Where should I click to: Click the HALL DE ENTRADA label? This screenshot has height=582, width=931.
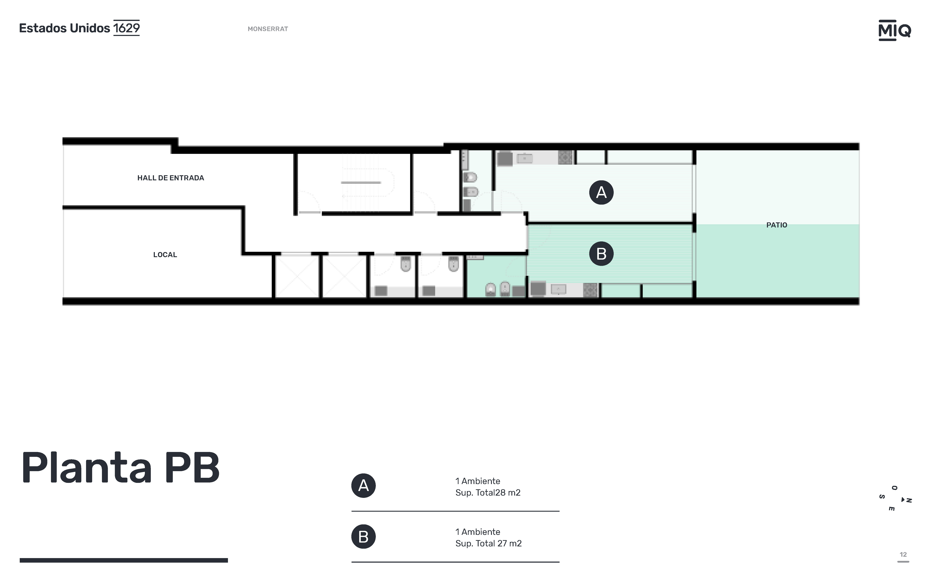(x=171, y=178)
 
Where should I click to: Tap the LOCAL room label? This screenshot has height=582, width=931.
(x=165, y=255)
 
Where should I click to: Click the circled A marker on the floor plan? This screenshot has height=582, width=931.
(x=601, y=192)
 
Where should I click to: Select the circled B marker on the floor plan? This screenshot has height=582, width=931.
(x=601, y=254)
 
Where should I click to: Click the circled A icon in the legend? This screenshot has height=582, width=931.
(x=363, y=486)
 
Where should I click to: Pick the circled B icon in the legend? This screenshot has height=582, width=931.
(x=363, y=537)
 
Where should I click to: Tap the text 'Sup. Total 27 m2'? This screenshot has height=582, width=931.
(x=488, y=543)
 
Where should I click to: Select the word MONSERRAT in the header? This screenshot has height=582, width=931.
(x=268, y=29)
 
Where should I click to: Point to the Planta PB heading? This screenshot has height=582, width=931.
(x=120, y=468)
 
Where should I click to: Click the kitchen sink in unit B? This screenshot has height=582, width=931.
(x=559, y=289)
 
